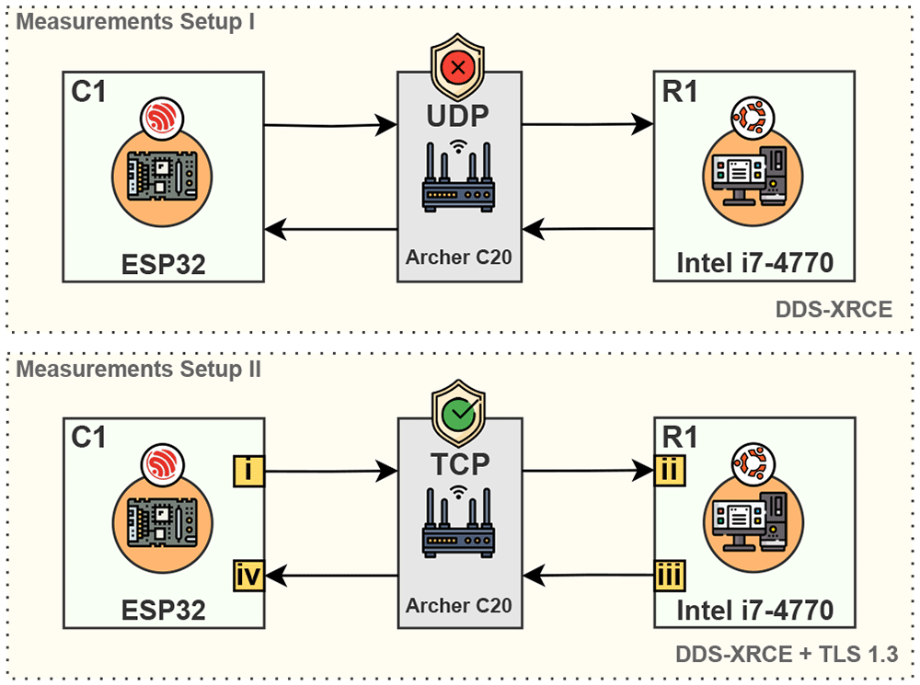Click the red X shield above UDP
click(x=457, y=66)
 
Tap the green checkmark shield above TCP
click(x=458, y=413)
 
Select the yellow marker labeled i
click(x=248, y=471)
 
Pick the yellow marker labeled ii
click(x=670, y=471)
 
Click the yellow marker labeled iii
click(x=670, y=576)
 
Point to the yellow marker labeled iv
click(x=248, y=576)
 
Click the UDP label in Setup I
click(x=457, y=116)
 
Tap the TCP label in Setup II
click(x=460, y=464)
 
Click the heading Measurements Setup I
click(x=135, y=22)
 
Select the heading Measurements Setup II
click(x=139, y=370)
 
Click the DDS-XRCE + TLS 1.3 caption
click(x=787, y=654)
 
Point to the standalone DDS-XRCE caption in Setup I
click(x=834, y=309)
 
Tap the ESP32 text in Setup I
click(x=163, y=265)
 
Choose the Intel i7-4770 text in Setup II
click(x=755, y=611)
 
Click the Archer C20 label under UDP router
click(x=459, y=257)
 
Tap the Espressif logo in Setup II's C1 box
click(x=162, y=465)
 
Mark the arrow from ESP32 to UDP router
click(x=331, y=125)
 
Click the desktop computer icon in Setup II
click(x=753, y=522)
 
